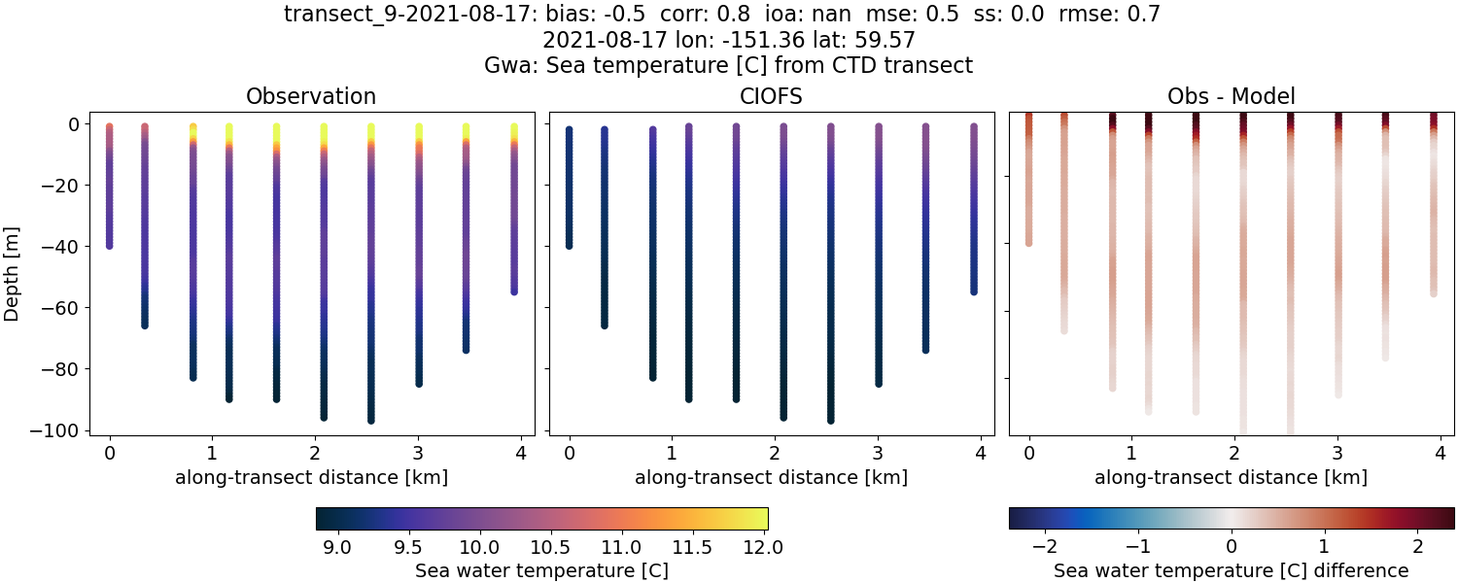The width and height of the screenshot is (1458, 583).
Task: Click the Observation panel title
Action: point(311,96)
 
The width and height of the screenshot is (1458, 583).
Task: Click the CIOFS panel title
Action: point(771,96)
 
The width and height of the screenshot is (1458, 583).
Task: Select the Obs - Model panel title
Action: point(1231,96)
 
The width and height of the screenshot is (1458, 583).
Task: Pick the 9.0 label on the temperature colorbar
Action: point(336,548)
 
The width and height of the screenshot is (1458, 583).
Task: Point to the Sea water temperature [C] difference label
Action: point(1231,570)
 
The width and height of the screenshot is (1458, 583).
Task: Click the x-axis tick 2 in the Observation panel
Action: point(315,453)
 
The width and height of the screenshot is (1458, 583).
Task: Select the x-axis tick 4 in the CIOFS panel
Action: point(981,453)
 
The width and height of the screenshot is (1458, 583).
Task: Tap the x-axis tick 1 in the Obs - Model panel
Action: point(1131,453)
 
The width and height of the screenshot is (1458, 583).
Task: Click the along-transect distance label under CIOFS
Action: point(771,477)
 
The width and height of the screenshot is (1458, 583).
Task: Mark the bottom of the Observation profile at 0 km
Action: point(110,245)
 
